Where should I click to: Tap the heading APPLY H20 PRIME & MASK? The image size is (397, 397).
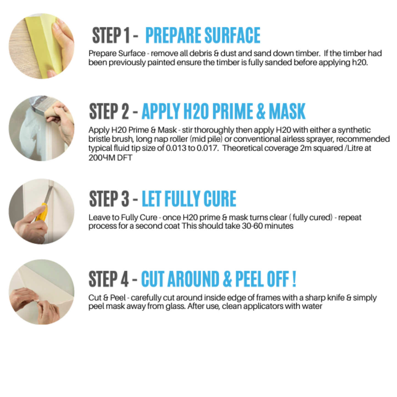click(223, 111)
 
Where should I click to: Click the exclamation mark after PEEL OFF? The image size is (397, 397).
click(294, 279)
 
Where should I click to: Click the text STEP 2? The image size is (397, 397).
click(109, 111)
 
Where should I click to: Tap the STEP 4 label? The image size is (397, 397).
click(109, 279)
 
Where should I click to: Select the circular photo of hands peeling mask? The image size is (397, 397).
click(41, 292)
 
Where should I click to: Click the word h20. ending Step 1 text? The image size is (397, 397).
click(360, 63)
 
